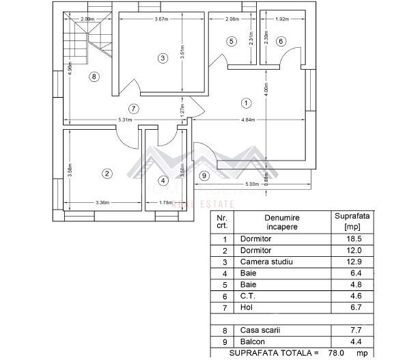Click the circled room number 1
click(246, 102)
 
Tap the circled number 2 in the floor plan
click(107, 174)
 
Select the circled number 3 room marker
click(163, 58)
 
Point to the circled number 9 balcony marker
click(204, 176)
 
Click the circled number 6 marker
click(280, 42)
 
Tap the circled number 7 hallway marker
click(133, 108)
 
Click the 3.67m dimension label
click(162, 19)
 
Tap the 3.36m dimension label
click(103, 202)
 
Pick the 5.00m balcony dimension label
click(251, 183)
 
